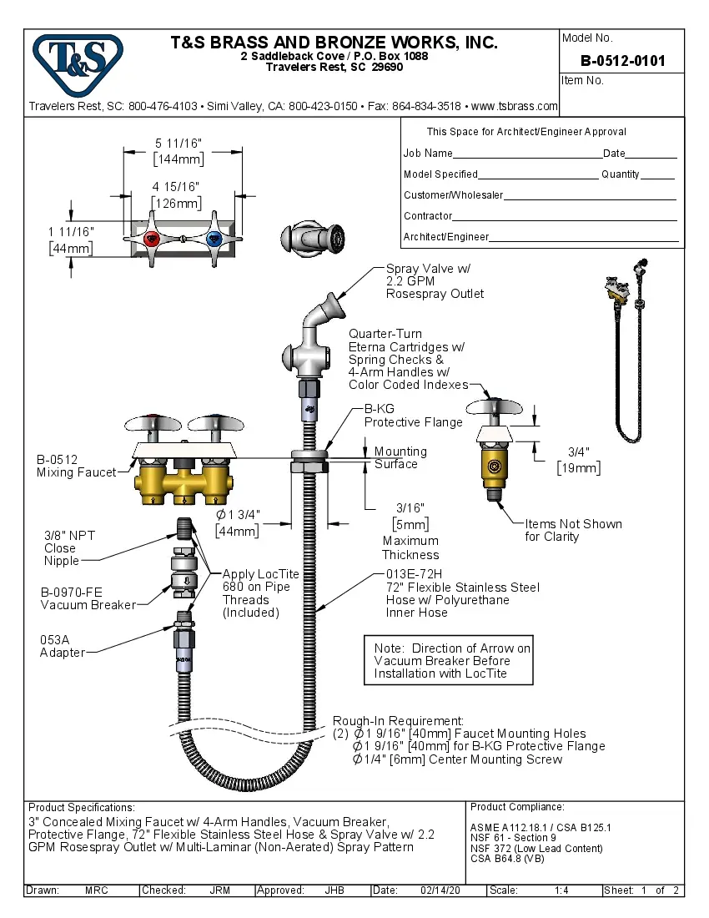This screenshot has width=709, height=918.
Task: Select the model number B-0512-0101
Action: pyautogui.click(x=622, y=61)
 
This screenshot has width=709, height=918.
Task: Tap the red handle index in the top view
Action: pyautogui.click(x=153, y=240)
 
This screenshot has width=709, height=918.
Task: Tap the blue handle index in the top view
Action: pyautogui.click(x=213, y=240)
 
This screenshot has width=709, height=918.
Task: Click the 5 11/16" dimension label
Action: pyautogui.click(x=178, y=144)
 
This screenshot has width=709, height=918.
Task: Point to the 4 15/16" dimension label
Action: pyautogui.click(x=176, y=187)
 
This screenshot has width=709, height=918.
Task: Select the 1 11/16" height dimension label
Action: pyautogui.click(x=71, y=231)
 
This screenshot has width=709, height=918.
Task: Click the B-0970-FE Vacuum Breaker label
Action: pyautogui.click(x=88, y=598)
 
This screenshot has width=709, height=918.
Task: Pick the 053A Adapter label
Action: pyautogui.click(x=62, y=646)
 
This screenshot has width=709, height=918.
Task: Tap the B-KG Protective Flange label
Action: pyautogui.click(x=413, y=416)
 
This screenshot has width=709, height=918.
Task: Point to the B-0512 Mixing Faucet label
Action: pyautogui.click(x=76, y=466)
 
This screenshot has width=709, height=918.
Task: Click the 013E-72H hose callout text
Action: pyautogui.click(x=462, y=593)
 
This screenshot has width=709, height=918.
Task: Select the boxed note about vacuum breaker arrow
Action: pyautogui.click(x=452, y=660)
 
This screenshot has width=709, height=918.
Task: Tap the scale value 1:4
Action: pyautogui.click(x=561, y=890)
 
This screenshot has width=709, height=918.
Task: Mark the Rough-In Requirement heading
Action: pyautogui.click(x=398, y=720)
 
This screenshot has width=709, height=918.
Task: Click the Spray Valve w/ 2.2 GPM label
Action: pyautogui.click(x=434, y=281)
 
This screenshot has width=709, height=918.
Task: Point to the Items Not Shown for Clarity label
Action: pyautogui.click(x=573, y=530)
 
